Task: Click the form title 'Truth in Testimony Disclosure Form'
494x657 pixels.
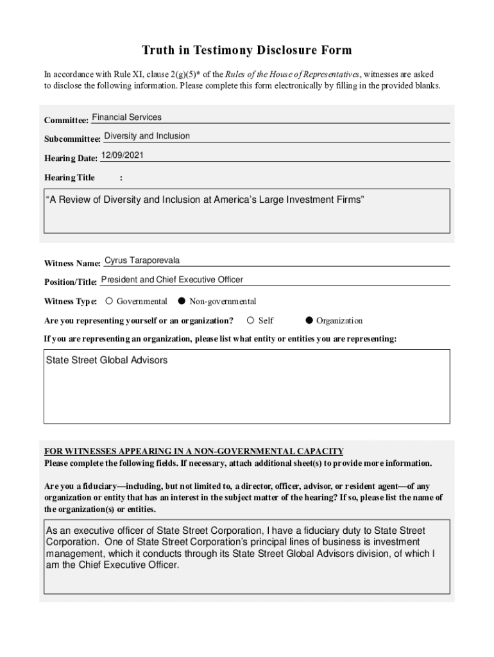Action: [246, 50]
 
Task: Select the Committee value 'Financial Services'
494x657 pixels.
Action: [127, 117]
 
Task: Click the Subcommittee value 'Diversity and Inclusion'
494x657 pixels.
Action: [147, 136]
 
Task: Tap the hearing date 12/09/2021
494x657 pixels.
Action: [122, 155]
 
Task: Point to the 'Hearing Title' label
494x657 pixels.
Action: [69, 178]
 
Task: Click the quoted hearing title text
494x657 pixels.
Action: [205, 200]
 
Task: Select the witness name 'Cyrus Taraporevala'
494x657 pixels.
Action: [142, 260]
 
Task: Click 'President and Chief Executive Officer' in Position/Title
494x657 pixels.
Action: [172, 280]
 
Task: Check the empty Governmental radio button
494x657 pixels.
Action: [109, 301]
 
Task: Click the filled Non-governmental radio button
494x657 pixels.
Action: [182, 301]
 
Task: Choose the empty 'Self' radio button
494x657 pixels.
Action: [251, 320]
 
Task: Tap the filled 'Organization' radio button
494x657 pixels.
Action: [309, 320]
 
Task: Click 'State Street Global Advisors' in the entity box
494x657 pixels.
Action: [106, 361]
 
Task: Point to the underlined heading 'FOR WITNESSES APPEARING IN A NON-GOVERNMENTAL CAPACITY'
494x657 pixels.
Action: [194, 451]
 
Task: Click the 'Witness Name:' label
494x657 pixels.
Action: [72, 264]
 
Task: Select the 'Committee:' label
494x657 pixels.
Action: [65, 121]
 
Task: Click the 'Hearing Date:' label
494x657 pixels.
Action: [71, 158]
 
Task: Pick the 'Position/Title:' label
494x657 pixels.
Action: [71, 282]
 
